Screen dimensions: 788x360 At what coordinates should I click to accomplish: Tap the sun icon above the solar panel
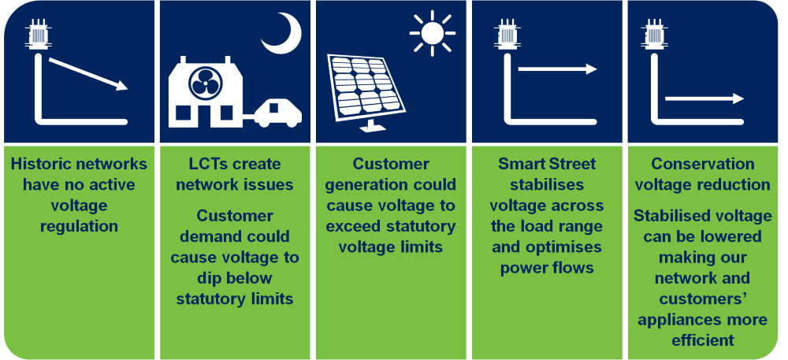pyautogui.click(x=432, y=33)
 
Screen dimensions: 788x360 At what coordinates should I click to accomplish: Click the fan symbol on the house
pyautogui.click(x=205, y=84)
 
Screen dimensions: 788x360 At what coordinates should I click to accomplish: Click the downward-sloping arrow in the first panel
pyautogui.click(x=88, y=74)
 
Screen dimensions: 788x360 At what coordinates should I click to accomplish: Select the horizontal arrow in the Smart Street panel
pyautogui.click(x=557, y=69)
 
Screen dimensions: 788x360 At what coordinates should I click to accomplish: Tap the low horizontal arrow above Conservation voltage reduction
pyautogui.click(x=704, y=98)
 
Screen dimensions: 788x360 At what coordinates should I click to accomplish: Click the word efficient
pyautogui.click(x=703, y=340)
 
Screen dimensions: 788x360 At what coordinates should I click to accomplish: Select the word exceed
pyautogui.click(x=355, y=226)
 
